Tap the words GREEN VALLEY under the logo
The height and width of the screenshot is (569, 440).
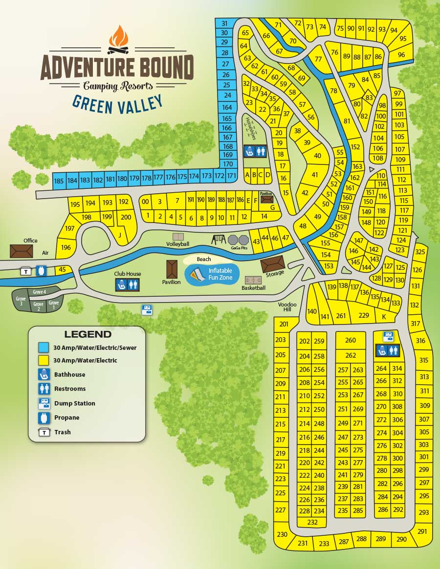[117, 103]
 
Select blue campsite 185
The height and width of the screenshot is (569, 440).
[59, 181]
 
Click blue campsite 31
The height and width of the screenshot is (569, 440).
[224, 23]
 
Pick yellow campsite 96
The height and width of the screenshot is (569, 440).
[401, 55]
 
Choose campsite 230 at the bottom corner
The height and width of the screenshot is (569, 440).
[282, 534]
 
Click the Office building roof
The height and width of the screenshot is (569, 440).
[21, 251]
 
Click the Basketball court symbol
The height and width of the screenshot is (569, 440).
[253, 280]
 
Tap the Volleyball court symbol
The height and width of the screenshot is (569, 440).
[177, 237]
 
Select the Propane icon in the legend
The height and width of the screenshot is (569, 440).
[44, 418]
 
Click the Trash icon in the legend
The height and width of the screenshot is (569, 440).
[44, 432]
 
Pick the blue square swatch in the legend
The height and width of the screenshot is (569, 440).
[44, 347]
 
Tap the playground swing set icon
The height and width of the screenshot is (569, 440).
[218, 239]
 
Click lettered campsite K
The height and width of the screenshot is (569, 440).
[384, 316]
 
